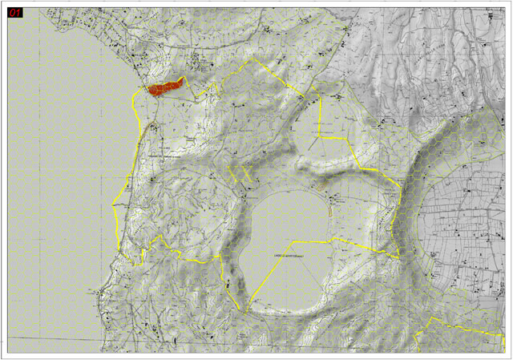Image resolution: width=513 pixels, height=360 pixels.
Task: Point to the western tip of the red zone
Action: [147, 91]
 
